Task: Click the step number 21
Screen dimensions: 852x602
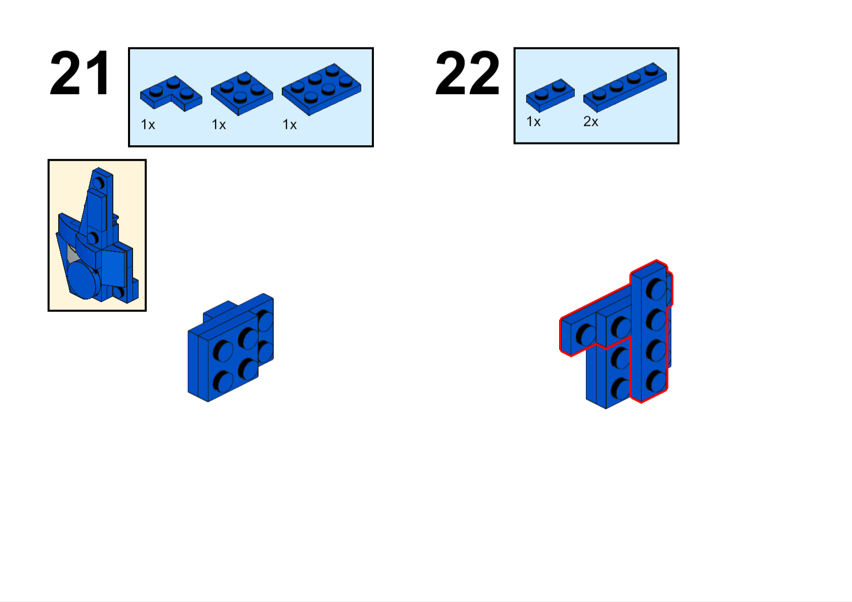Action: point(80,73)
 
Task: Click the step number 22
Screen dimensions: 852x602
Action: point(467,73)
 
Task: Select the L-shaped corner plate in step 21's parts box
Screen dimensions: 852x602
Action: point(171,93)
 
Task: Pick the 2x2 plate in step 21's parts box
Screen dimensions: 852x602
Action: point(242,93)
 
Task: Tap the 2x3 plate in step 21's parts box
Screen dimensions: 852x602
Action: point(321,90)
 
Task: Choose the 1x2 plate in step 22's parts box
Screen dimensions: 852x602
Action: point(550,95)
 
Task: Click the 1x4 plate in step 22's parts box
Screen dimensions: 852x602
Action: point(625,88)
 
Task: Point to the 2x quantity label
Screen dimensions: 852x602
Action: point(591,122)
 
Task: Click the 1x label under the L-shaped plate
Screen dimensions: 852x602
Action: point(148,125)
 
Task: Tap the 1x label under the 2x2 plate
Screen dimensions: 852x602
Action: point(219,125)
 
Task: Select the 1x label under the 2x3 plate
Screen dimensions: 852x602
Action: point(289,125)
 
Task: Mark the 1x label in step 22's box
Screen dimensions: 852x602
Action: point(533,122)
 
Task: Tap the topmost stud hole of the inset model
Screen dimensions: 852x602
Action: point(99,183)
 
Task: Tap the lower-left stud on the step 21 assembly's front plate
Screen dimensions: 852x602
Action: point(223,381)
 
